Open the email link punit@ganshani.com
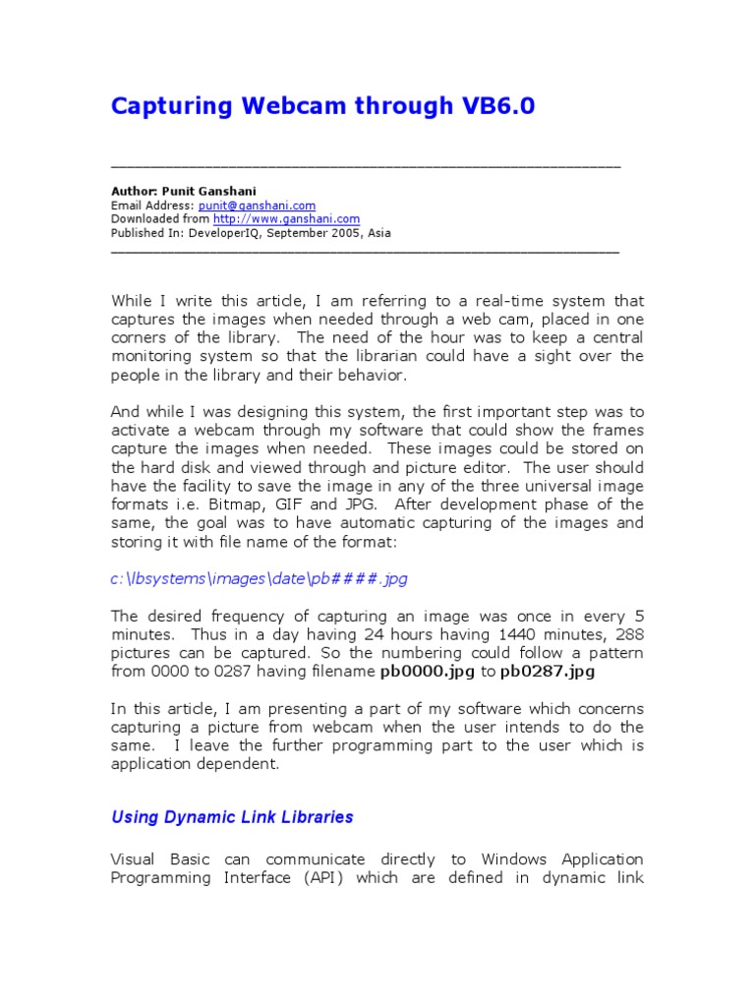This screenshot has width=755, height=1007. tap(257, 206)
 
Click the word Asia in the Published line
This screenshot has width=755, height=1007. tap(378, 233)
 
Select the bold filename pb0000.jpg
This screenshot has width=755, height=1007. tap(427, 672)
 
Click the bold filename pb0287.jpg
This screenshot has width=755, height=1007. tap(548, 672)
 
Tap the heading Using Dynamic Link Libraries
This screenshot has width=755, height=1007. tap(232, 817)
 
